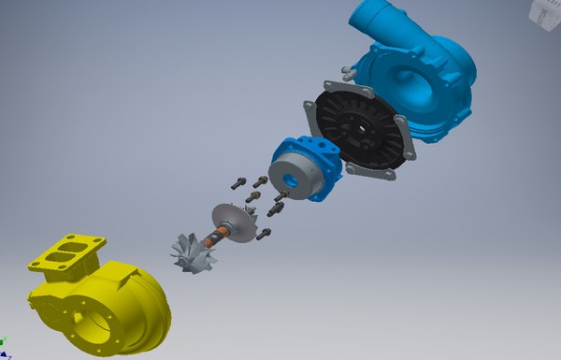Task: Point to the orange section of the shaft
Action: (x=223, y=234)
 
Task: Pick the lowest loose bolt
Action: (x=264, y=234)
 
